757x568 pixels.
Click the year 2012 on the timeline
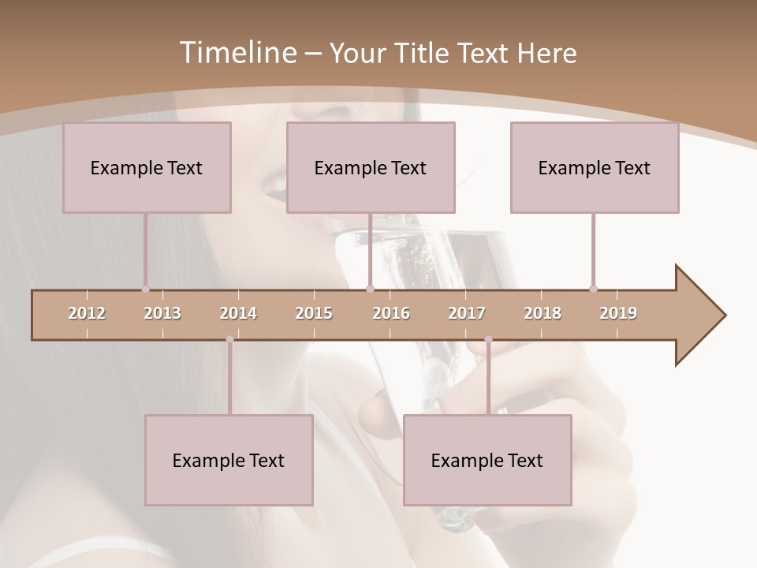(x=87, y=313)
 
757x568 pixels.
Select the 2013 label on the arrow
(x=162, y=313)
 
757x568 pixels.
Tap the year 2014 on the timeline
(x=238, y=313)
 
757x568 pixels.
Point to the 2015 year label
(x=314, y=313)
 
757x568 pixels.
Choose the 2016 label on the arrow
(x=391, y=313)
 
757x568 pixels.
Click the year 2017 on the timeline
(x=467, y=313)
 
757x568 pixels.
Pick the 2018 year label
(x=543, y=313)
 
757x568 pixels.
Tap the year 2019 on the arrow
(x=618, y=313)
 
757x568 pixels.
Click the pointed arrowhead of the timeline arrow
(x=702, y=316)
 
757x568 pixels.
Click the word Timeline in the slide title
(x=237, y=53)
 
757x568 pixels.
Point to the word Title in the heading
(x=423, y=53)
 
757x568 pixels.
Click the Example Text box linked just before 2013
(x=147, y=167)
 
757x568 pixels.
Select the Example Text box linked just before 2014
(x=229, y=460)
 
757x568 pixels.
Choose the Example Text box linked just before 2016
(x=371, y=167)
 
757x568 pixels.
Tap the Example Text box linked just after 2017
(x=487, y=460)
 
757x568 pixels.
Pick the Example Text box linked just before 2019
(x=595, y=167)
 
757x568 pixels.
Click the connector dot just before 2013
(x=145, y=289)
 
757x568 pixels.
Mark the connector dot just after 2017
(x=488, y=339)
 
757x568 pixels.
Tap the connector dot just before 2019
(x=593, y=289)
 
